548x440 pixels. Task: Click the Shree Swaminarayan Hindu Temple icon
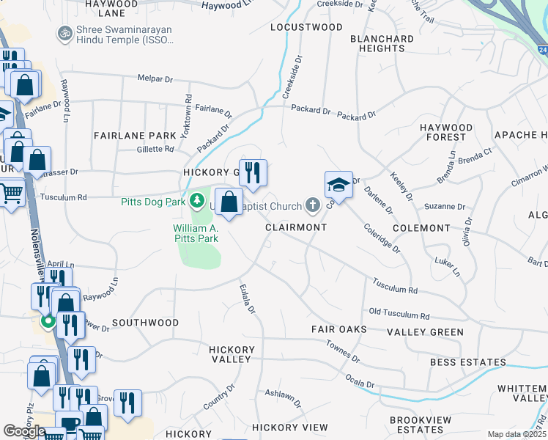pyautogui.click(x=64, y=34)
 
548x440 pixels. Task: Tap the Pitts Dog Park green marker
pyautogui.click(x=196, y=199)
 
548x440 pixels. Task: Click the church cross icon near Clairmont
pyautogui.click(x=313, y=206)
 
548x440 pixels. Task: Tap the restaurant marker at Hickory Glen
pyautogui.click(x=253, y=173)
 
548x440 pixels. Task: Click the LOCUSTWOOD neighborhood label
pyautogui.click(x=306, y=27)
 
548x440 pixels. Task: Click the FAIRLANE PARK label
pyautogui.click(x=135, y=136)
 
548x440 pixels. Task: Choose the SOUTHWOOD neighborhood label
pyautogui.click(x=145, y=323)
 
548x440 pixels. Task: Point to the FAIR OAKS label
pyautogui.click(x=338, y=329)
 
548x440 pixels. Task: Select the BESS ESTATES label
pyautogui.click(x=468, y=362)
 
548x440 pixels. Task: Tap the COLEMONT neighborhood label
pyautogui.click(x=421, y=228)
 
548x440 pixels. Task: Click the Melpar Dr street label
pyautogui.click(x=155, y=78)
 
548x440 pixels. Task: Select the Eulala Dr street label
pyautogui.click(x=247, y=300)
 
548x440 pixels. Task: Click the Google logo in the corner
pyautogui.click(x=24, y=431)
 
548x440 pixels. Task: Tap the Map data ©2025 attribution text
pyautogui.click(x=516, y=434)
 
